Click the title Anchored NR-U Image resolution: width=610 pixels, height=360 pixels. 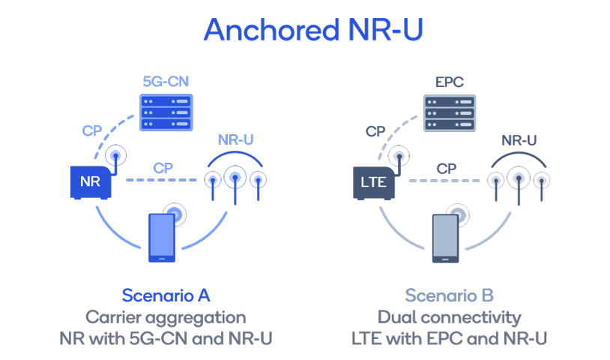click(x=313, y=29)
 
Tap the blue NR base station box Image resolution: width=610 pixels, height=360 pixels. click(x=91, y=182)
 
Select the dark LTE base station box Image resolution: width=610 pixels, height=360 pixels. click(x=374, y=183)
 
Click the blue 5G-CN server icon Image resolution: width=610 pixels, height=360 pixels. click(x=166, y=112)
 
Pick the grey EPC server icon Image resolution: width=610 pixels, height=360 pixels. click(x=450, y=113)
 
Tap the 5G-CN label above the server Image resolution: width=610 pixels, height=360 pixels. click(x=166, y=81)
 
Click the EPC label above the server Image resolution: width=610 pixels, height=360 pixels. click(x=450, y=82)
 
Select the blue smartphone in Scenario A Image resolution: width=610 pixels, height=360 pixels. click(x=162, y=238)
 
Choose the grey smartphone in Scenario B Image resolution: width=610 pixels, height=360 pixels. click(x=445, y=238)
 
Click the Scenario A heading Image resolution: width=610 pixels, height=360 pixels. click(x=166, y=295)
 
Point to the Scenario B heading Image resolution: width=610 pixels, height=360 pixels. click(x=450, y=295)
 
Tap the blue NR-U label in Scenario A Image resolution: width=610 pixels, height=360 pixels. click(x=235, y=139)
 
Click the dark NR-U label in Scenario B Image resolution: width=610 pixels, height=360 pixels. click(x=519, y=140)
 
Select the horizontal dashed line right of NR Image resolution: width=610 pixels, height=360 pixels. click(x=161, y=180)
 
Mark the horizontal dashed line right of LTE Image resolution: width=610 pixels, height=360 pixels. click(x=444, y=181)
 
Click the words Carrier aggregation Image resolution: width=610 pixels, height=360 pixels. click(x=166, y=318)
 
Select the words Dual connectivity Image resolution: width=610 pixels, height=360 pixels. click(x=450, y=318)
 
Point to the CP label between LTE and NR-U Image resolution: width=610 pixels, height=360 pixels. click(x=446, y=169)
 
